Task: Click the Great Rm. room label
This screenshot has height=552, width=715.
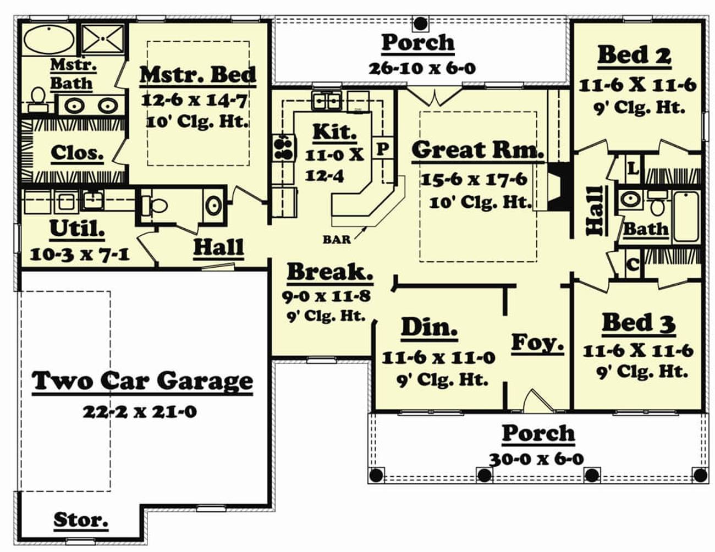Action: point(477,150)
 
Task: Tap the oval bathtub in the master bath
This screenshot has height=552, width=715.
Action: point(50,39)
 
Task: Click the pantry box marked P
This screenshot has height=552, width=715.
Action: point(383,148)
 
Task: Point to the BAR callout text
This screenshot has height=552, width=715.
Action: point(337,239)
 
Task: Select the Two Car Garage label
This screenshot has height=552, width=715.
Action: point(142,381)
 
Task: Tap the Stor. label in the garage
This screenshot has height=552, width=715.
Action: point(80,520)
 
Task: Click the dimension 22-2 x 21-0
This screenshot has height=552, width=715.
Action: point(140,411)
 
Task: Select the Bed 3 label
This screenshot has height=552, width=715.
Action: point(638,323)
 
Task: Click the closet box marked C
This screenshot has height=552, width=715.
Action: point(632,264)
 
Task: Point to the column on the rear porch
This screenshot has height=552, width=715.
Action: point(420,23)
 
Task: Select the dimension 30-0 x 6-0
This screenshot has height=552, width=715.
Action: point(536,459)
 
